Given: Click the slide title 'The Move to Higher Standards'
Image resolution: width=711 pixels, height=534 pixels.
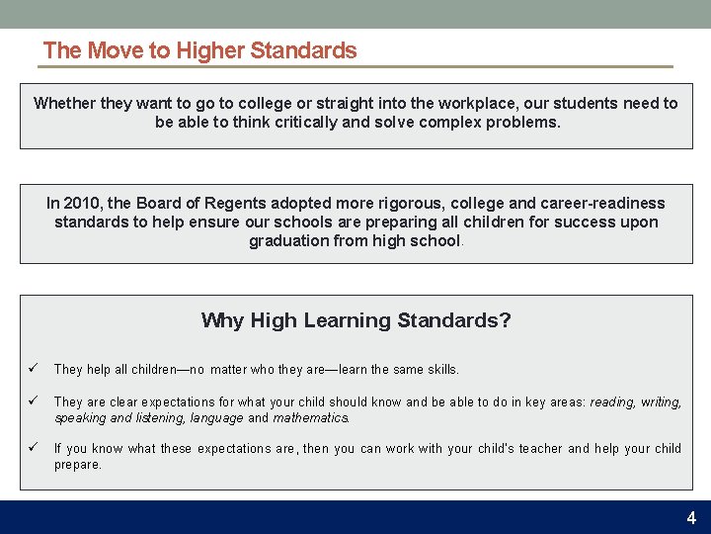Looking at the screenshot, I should coord(199,50).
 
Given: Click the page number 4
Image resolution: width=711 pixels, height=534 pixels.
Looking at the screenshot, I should coord(691,517).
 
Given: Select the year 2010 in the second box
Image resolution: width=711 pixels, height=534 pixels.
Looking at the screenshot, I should coord(83,203).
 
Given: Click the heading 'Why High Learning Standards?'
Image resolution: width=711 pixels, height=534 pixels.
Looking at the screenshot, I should coord(355,320).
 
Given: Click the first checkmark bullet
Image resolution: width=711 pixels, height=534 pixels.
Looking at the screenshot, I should coord(33,369).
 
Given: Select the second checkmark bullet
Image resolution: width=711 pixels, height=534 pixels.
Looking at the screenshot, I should coord(33,401).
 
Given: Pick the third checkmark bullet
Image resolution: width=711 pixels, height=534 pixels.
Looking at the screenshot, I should coord(33,448).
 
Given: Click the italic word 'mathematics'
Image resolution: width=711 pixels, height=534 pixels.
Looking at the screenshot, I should coord(310,417).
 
